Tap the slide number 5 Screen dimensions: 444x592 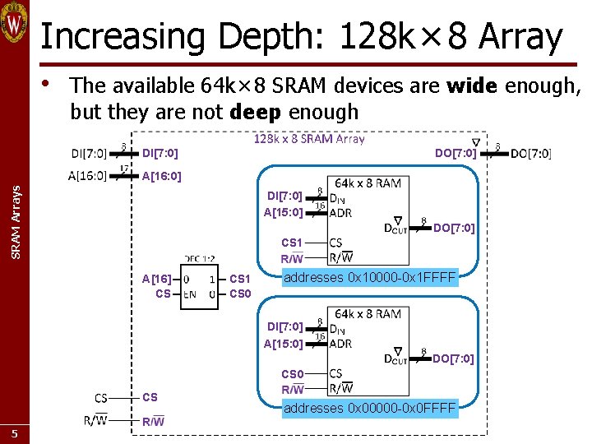click(14, 433)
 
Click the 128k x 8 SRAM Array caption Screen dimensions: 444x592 click(308, 138)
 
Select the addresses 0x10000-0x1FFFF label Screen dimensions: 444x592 click(369, 278)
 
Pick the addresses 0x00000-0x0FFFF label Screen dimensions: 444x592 click(369, 408)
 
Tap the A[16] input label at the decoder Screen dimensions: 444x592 click(157, 279)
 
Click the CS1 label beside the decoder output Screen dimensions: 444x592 click(240, 279)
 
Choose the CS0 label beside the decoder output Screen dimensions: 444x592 click(240, 294)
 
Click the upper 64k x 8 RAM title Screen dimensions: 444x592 click(368, 183)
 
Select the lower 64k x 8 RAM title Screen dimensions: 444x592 click(368, 313)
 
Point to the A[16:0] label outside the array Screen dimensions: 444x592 click(88, 174)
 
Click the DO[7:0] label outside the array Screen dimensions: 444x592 click(531, 153)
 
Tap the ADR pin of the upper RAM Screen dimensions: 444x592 click(340, 212)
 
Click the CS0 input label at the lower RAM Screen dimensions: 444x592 click(292, 374)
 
